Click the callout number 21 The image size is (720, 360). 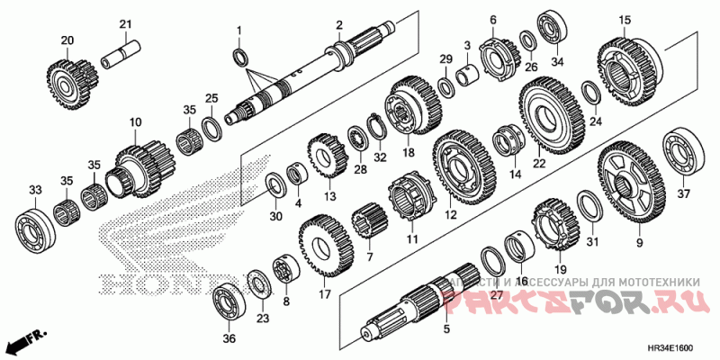pos(125,23)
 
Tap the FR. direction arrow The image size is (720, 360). pos(25,341)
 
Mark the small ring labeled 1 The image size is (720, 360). pos(240,58)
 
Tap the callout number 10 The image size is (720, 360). pos(136,121)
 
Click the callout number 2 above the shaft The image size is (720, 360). pos(339,24)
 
